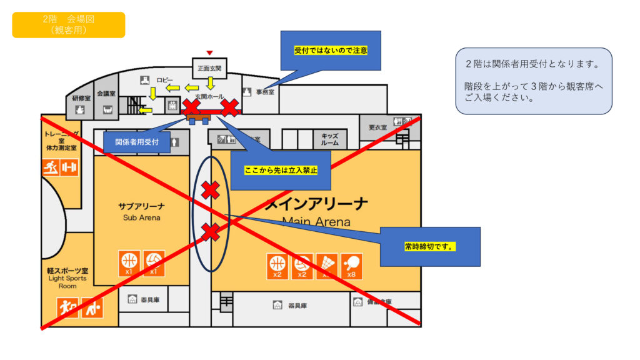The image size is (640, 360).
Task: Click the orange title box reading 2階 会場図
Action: point(68,24)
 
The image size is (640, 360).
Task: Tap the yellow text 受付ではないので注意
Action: point(330,50)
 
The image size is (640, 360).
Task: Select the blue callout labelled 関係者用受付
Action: point(137,142)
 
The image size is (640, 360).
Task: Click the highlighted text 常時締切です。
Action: point(429,247)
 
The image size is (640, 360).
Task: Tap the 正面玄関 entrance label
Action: point(209,68)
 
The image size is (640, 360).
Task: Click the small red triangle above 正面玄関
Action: point(210,52)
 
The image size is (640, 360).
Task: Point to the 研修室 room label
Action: point(81,98)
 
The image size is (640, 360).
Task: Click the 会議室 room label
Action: point(108,93)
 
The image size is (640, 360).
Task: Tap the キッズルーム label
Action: point(329,139)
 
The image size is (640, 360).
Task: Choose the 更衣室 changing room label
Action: point(377,127)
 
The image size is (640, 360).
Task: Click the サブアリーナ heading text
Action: point(141,206)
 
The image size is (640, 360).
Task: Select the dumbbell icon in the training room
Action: point(69,167)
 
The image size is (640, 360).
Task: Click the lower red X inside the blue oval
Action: point(211,232)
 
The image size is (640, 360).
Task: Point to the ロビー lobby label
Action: point(164,80)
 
